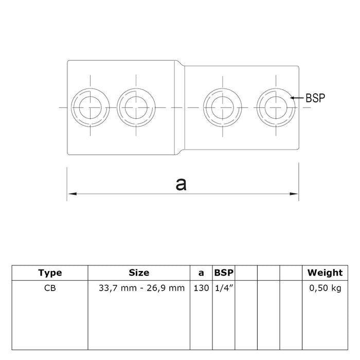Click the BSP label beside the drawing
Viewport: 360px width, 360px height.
point(315,98)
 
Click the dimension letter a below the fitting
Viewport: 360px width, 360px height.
point(181,184)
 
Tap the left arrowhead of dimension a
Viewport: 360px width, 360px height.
point(73,194)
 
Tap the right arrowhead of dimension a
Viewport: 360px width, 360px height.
point(294,194)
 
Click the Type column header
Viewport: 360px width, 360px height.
point(50,273)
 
